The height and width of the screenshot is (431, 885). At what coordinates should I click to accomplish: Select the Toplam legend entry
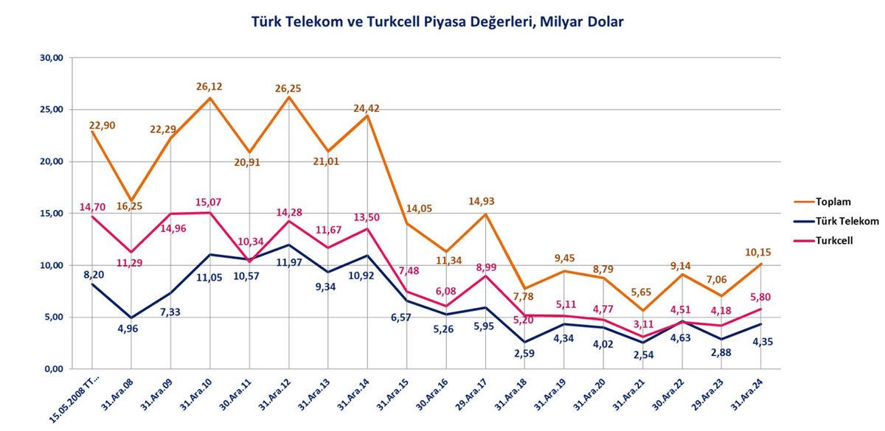pyautogui.click(x=833, y=200)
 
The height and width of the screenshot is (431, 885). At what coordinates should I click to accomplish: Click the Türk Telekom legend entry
pyautogui.click(x=847, y=220)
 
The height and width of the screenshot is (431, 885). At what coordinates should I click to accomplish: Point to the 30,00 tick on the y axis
pyautogui.click(x=55, y=57)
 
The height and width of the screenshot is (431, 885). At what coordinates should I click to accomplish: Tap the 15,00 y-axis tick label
pyautogui.click(x=55, y=213)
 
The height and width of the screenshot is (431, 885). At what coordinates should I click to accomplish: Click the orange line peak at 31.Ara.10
pyautogui.click(x=209, y=98)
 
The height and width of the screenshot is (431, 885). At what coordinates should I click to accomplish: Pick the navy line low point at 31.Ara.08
pyautogui.click(x=131, y=318)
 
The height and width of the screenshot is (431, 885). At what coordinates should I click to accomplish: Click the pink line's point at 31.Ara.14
pyautogui.click(x=367, y=228)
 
